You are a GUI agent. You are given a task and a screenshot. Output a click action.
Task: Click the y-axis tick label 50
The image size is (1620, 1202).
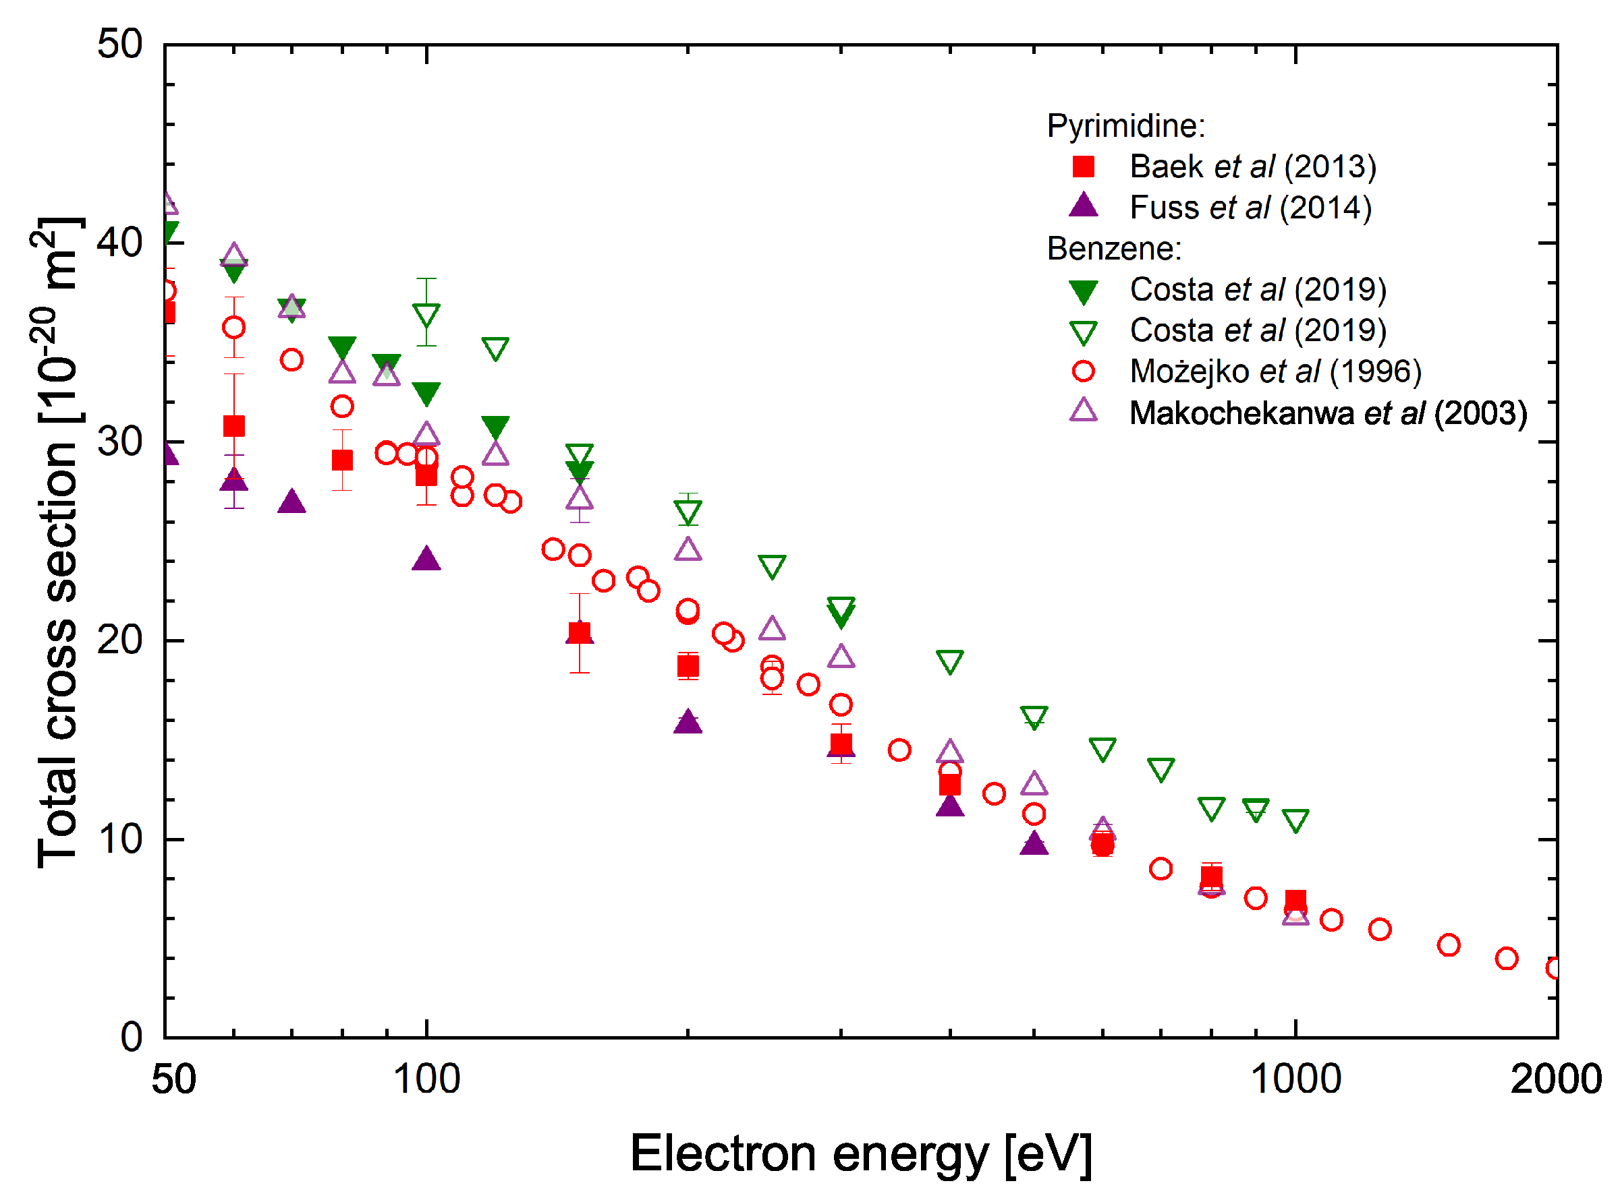click(x=120, y=44)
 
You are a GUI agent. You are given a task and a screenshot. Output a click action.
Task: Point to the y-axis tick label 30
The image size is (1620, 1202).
click(x=120, y=442)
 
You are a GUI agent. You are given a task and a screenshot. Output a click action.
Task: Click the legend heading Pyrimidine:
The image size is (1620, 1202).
click(x=1126, y=126)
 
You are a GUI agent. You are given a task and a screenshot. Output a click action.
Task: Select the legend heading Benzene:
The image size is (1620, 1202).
click(x=1114, y=249)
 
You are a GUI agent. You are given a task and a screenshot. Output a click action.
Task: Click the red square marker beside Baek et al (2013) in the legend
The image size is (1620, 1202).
click(x=1084, y=167)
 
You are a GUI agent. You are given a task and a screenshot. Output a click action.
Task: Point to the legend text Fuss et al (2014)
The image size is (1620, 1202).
click(x=1251, y=208)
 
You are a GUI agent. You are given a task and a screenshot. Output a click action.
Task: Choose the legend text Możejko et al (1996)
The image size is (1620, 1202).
click(x=1276, y=372)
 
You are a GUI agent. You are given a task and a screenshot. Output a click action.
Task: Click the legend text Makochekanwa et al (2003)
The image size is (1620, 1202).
click(x=1328, y=413)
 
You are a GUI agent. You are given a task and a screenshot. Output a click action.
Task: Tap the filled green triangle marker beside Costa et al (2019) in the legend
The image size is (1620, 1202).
click(x=1084, y=292)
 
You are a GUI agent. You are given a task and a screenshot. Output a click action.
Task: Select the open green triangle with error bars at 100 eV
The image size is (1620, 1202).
click(x=426, y=315)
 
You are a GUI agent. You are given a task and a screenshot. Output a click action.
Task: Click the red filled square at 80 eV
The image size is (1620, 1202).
click(x=342, y=460)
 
